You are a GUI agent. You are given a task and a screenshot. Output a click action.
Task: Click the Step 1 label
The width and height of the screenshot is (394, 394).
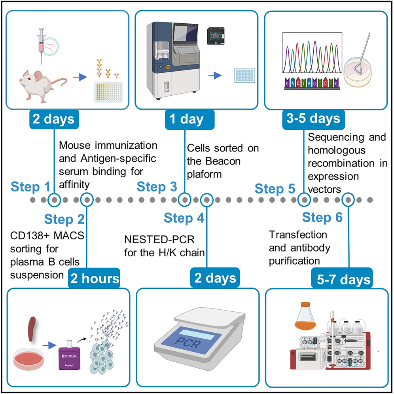coord(30,187)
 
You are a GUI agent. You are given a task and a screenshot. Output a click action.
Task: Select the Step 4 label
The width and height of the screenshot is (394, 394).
coord(184,218)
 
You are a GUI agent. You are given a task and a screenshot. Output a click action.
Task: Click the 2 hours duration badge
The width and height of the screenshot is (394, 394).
coord(94,278)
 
